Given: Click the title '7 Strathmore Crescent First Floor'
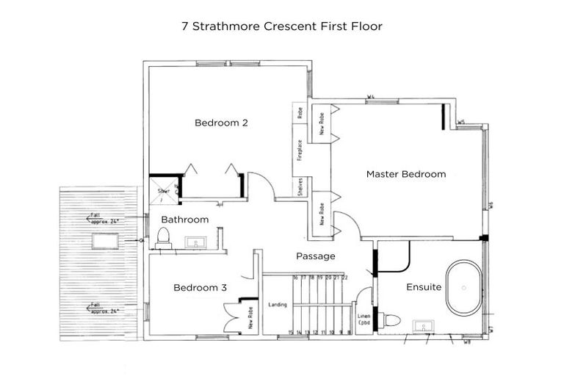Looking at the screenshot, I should [282, 26].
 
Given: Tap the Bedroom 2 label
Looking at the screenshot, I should [220, 123].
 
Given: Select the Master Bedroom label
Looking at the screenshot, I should [406, 174].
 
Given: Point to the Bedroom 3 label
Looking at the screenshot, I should [200, 288].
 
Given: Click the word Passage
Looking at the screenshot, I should [315, 256].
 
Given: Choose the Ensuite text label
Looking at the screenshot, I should [424, 287].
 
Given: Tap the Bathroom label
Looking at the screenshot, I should [185, 220].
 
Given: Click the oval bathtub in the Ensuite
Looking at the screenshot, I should [463, 288].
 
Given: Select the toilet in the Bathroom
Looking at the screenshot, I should [163, 236].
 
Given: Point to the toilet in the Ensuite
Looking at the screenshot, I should [391, 321].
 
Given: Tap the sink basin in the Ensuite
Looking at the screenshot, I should [422, 325].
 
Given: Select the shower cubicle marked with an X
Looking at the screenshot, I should [164, 189].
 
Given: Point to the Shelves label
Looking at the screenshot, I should [300, 188].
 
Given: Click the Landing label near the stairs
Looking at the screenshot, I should [278, 305].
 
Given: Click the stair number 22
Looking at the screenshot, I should [345, 278].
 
